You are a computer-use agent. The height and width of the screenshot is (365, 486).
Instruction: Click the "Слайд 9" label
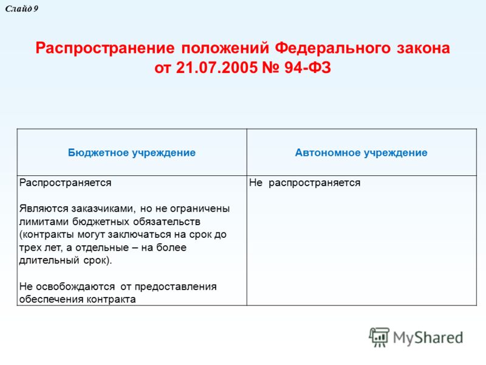(22, 9)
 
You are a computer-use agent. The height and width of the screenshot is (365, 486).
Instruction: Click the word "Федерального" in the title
(332, 48)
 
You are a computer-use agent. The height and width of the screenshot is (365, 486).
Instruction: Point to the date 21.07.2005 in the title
(217, 68)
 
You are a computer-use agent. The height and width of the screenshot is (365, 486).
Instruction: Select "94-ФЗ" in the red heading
(307, 68)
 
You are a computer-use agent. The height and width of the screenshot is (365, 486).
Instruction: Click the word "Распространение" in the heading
(105, 49)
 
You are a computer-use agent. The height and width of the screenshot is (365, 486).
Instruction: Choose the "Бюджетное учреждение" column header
(132, 153)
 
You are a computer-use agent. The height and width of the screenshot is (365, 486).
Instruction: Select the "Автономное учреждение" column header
(361, 153)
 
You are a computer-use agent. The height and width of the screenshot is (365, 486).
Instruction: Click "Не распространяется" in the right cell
(305, 183)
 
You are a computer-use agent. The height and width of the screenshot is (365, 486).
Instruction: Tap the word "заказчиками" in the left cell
(103, 208)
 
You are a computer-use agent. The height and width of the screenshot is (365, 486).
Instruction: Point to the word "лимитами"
(44, 221)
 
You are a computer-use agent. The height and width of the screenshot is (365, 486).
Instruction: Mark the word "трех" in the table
(29, 248)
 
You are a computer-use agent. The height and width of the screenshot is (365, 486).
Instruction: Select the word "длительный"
(49, 260)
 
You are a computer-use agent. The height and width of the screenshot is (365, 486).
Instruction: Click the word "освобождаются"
(75, 287)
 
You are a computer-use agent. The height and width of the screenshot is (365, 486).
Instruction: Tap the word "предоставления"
(176, 287)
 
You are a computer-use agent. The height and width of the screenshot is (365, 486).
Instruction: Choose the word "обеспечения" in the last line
(52, 299)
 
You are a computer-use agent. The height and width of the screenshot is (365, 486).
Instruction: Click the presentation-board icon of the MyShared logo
(379, 337)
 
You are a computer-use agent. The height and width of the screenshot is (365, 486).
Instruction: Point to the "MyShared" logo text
(428, 338)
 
